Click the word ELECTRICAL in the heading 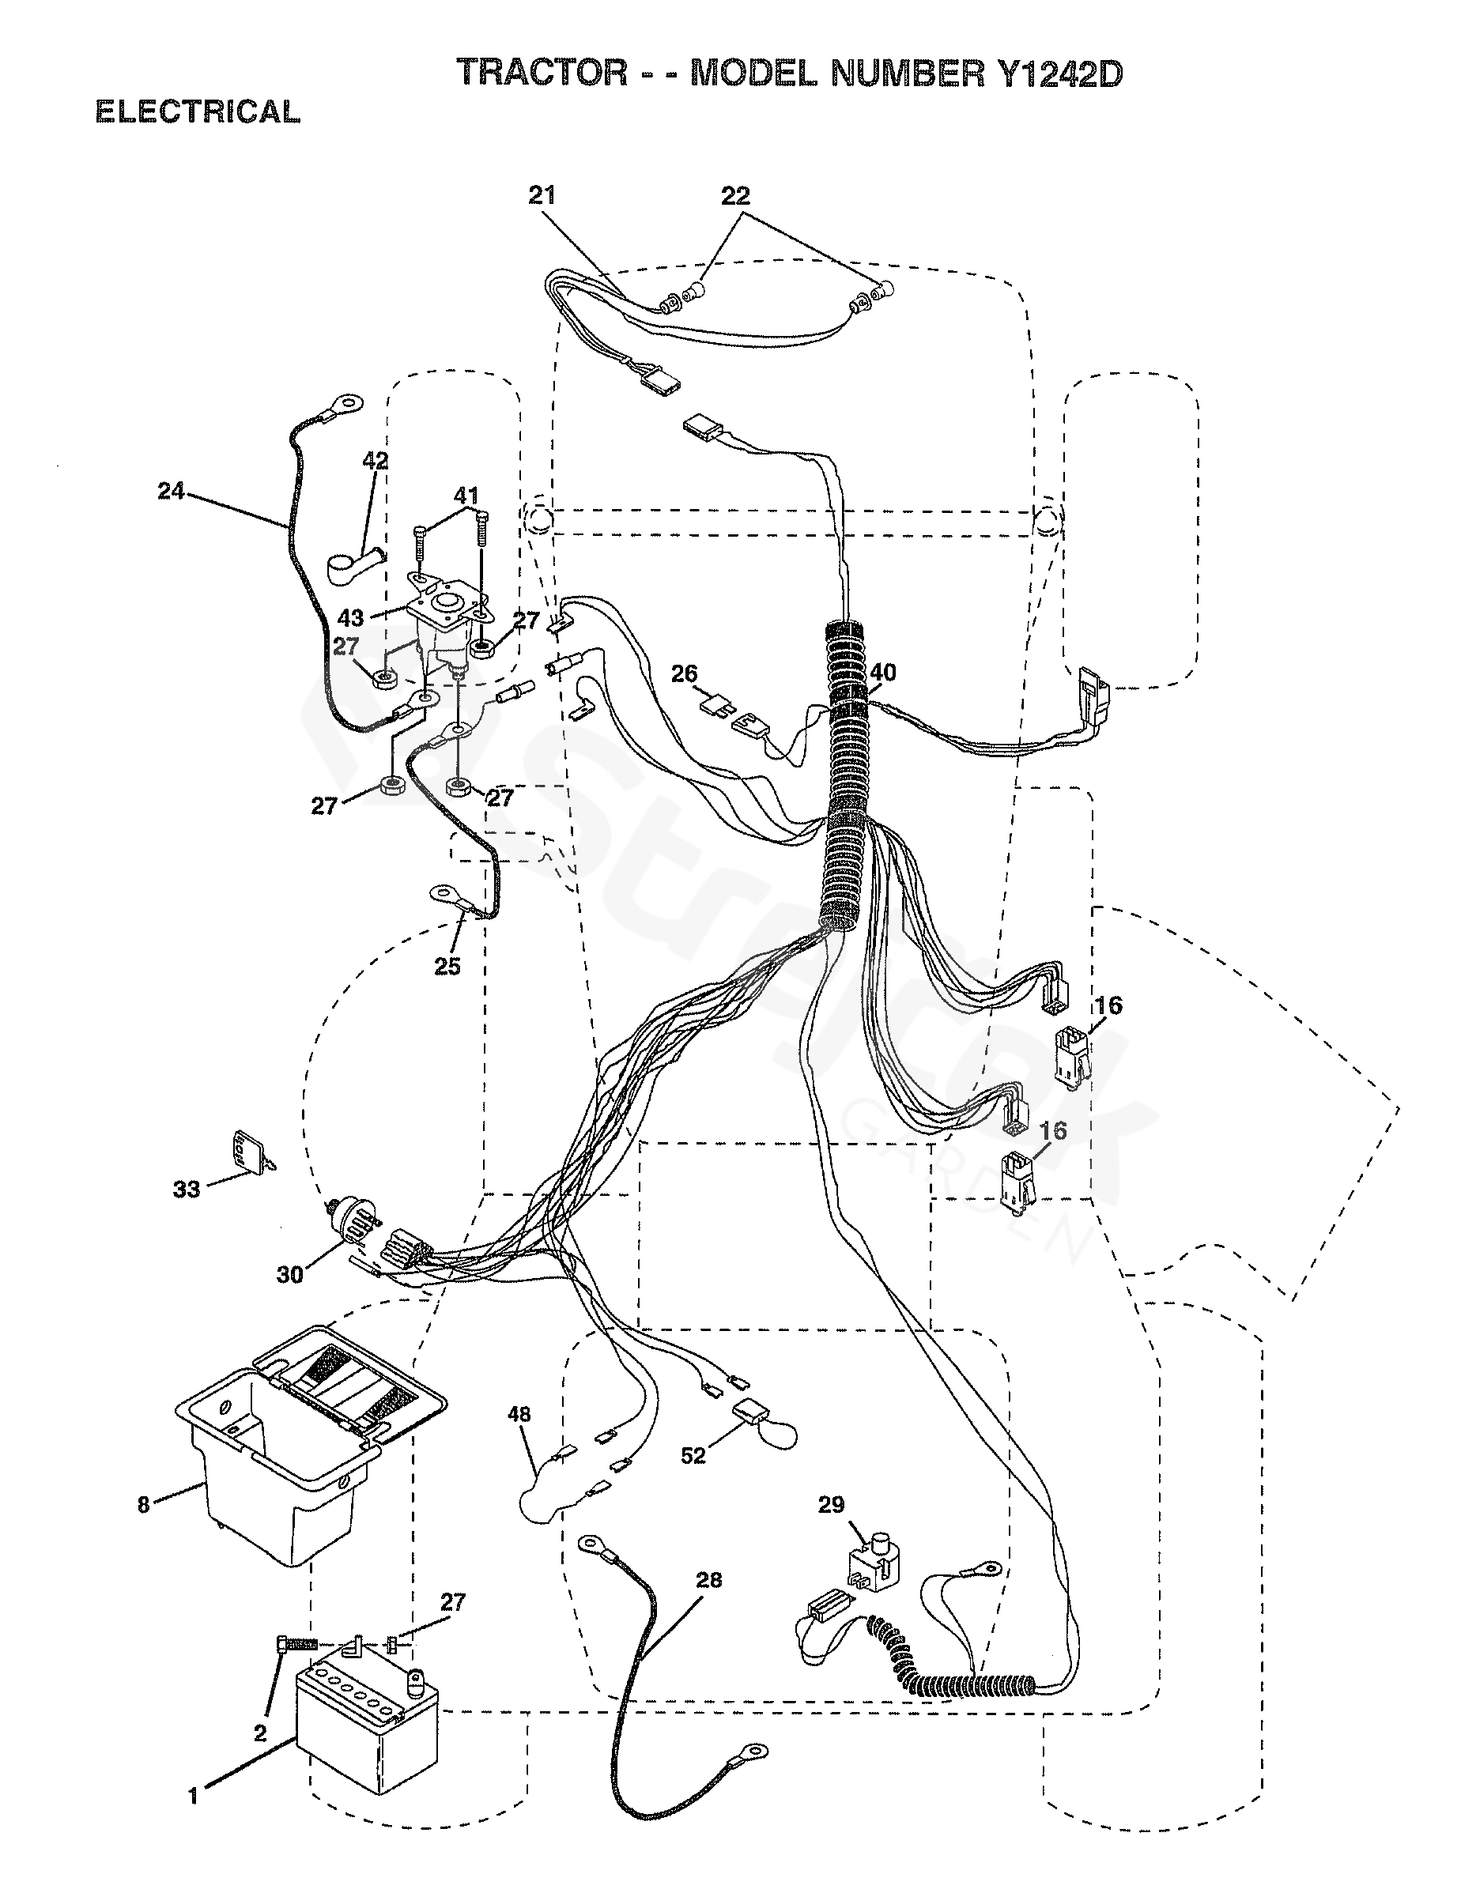pos(198,111)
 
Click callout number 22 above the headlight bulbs pos(735,196)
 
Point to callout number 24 pos(171,492)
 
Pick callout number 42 pos(375,460)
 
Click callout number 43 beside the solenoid pos(350,617)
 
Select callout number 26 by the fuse pos(684,673)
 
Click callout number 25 pos(447,967)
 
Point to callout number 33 pos(187,1190)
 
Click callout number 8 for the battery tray pos(143,1505)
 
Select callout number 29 pos(831,1505)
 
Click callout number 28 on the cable pos(708,1580)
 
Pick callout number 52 pos(693,1455)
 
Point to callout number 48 pos(519,1415)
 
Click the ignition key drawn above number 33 pos(251,1152)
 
